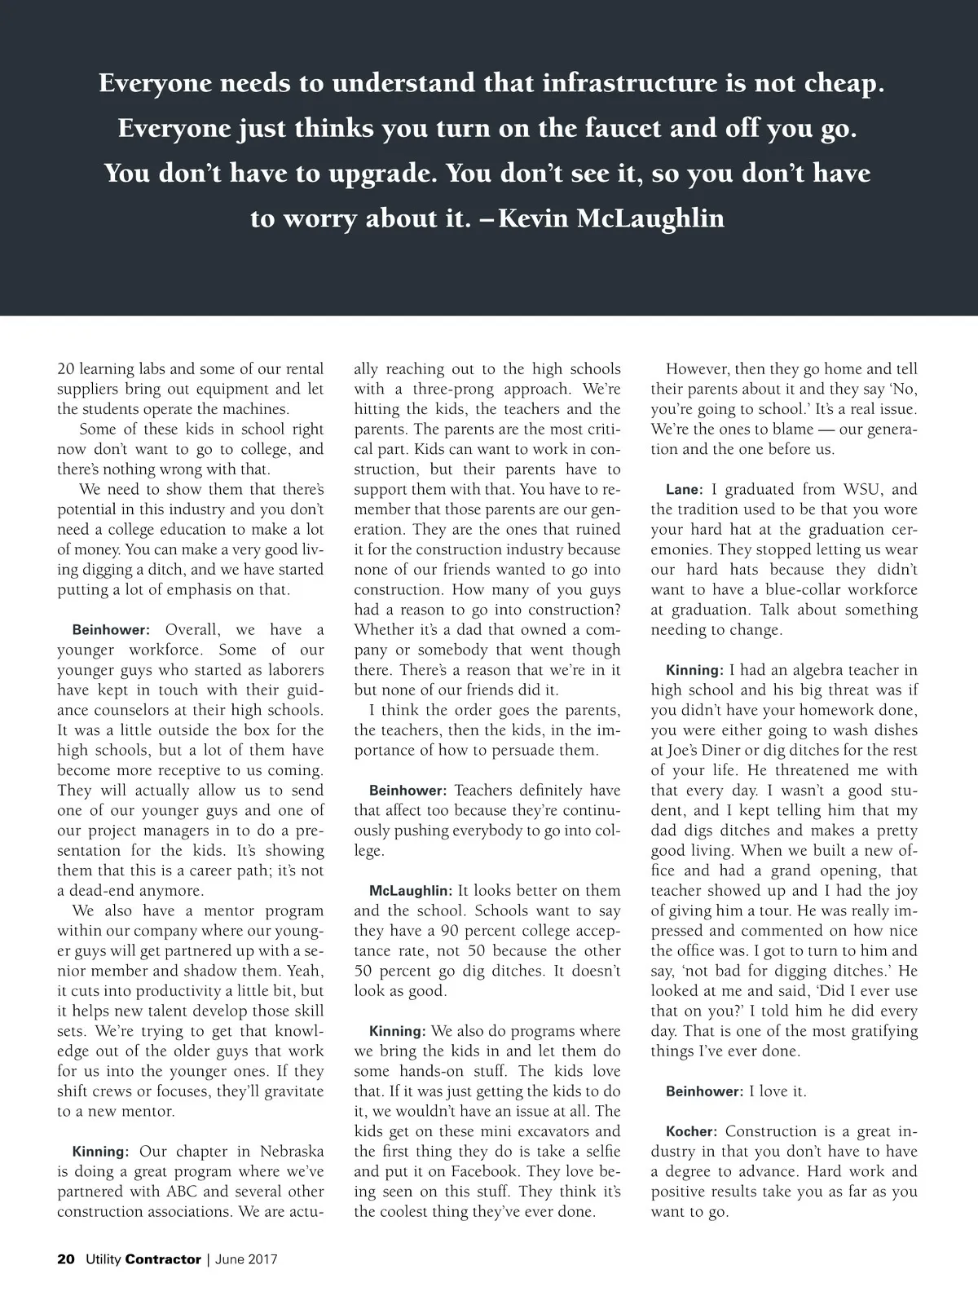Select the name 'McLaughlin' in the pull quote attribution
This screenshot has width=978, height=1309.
click(x=650, y=218)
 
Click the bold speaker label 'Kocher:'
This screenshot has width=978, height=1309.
click(x=691, y=1132)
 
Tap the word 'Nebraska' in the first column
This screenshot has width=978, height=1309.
click(x=292, y=1152)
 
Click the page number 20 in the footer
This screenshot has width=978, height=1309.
click(x=66, y=1259)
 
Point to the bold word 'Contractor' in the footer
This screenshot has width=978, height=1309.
click(x=163, y=1259)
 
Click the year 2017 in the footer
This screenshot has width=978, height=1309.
click(x=262, y=1259)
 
